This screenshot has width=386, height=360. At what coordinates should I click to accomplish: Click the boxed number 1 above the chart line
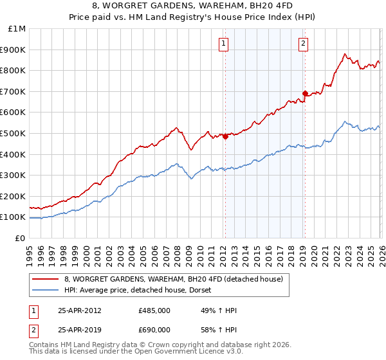[223, 44]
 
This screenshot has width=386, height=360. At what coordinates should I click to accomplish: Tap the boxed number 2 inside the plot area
[303, 44]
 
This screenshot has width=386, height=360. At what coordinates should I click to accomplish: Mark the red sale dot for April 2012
[225, 136]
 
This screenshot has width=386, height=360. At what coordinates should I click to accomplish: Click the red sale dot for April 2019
[305, 93]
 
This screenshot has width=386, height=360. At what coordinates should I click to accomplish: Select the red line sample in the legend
[46, 280]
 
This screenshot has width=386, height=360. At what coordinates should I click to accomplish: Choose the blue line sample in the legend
[46, 291]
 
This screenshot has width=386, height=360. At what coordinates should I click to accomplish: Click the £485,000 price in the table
[154, 310]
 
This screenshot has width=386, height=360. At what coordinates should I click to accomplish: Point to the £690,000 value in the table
[154, 329]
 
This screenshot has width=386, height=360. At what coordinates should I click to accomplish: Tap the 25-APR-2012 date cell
[79, 310]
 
